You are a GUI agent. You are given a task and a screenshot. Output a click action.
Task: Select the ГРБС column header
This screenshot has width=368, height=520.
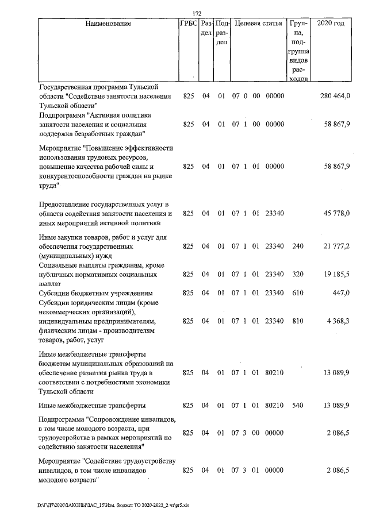[x=188, y=24]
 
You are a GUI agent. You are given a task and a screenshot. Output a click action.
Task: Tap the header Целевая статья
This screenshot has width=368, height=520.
[x=259, y=24]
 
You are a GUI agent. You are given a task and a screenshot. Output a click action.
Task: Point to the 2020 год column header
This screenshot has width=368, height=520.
[x=335, y=24]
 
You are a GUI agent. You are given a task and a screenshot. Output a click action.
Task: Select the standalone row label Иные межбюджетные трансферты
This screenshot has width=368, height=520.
[x=92, y=406]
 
